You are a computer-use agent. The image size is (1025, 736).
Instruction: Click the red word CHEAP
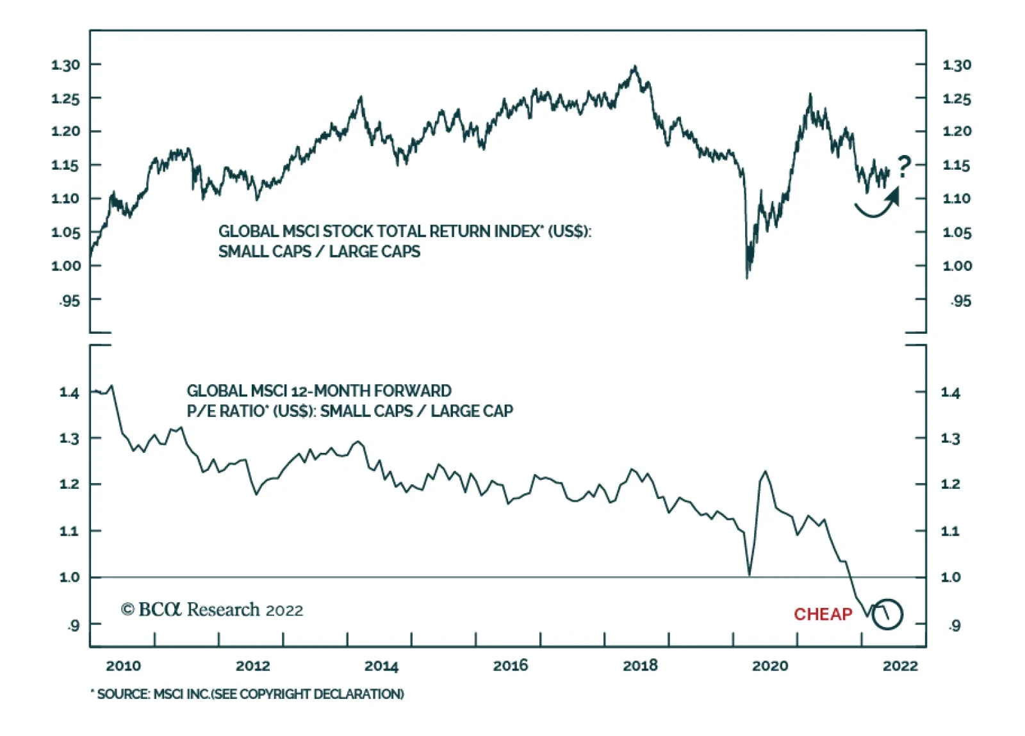[x=823, y=614]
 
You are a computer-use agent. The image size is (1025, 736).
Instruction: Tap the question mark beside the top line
[x=903, y=167]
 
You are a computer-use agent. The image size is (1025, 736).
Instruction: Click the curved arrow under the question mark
[x=878, y=204]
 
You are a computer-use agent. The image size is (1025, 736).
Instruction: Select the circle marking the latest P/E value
[x=887, y=614]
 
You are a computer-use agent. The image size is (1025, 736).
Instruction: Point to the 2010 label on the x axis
[x=123, y=666]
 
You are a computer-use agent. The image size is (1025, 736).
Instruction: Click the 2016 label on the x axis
[x=511, y=666]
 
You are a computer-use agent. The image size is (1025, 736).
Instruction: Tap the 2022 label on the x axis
[x=900, y=666]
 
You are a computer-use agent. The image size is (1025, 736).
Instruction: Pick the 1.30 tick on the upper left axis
[x=65, y=65]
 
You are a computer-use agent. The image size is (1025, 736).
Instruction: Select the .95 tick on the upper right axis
[x=960, y=300]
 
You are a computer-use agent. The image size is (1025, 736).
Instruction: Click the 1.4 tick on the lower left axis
[x=69, y=392]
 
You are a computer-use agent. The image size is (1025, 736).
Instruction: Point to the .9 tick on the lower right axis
[x=955, y=625]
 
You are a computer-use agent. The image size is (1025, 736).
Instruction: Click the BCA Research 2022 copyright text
[x=212, y=609]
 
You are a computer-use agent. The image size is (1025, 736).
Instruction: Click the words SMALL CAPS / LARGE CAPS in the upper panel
[x=319, y=251]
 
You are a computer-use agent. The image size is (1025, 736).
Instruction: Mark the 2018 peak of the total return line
[x=634, y=66]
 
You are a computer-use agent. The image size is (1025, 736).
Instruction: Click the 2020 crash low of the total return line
[x=747, y=277]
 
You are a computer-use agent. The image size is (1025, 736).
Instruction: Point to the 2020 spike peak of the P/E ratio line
[x=765, y=471]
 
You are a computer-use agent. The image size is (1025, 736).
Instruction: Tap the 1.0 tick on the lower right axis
[x=950, y=577]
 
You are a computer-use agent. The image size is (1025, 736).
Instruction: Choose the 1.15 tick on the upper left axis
[x=65, y=165]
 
